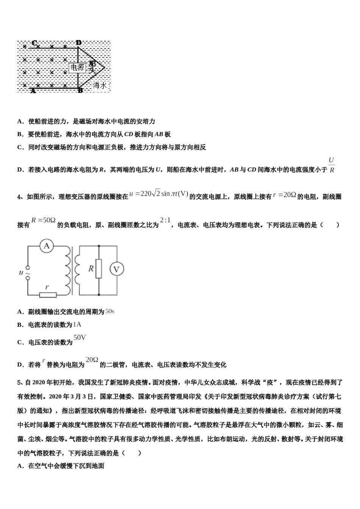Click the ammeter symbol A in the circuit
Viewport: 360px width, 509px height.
pyautogui.click(x=47, y=246)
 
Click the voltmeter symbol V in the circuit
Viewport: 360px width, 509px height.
pyautogui.click(x=117, y=269)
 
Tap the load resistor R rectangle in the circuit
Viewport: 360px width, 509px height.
pyautogui.click(x=99, y=269)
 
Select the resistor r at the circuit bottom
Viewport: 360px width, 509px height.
pyautogui.click(x=48, y=295)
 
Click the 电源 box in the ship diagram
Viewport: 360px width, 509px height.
pyautogui.click(x=77, y=67)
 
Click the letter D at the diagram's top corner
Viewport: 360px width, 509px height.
pyautogui.click(x=78, y=43)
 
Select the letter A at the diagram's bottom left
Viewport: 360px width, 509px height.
pyautogui.click(x=33, y=91)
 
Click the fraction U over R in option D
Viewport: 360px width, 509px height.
pyautogui.click(x=331, y=165)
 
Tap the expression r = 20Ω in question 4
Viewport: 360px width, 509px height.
pyautogui.click(x=284, y=195)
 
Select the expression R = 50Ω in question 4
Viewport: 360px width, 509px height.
pyautogui.click(x=44, y=220)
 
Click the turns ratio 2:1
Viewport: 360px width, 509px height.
pyautogui.click(x=165, y=220)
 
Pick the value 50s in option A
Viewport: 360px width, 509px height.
pyautogui.click(x=110, y=311)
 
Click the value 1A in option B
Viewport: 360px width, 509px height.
pyautogui.click(x=77, y=324)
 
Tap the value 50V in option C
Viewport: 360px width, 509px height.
pyautogui.click(x=80, y=337)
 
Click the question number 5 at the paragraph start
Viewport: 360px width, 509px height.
pyautogui.click(x=19, y=383)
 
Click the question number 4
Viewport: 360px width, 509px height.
pyautogui.click(x=19, y=197)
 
